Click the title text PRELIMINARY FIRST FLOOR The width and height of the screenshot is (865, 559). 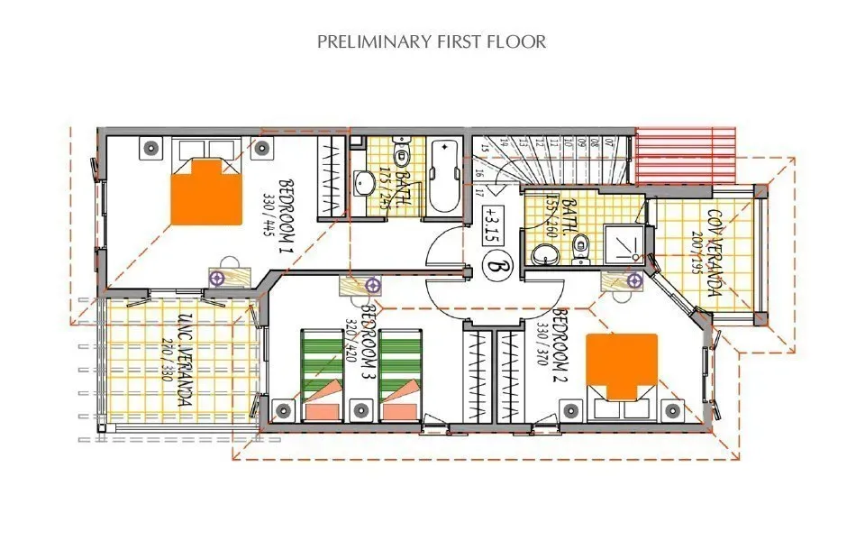(x=432, y=41)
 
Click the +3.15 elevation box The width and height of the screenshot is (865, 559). (x=492, y=223)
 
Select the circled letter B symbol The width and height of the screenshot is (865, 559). (x=494, y=266)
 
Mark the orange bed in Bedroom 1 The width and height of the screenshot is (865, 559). (x=207, y=191)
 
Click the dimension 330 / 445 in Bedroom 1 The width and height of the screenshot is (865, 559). (x=268, y=213)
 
